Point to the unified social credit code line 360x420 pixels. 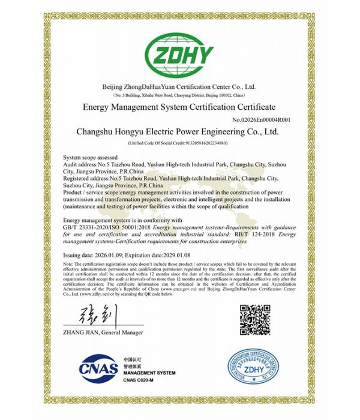pos(180,143)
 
